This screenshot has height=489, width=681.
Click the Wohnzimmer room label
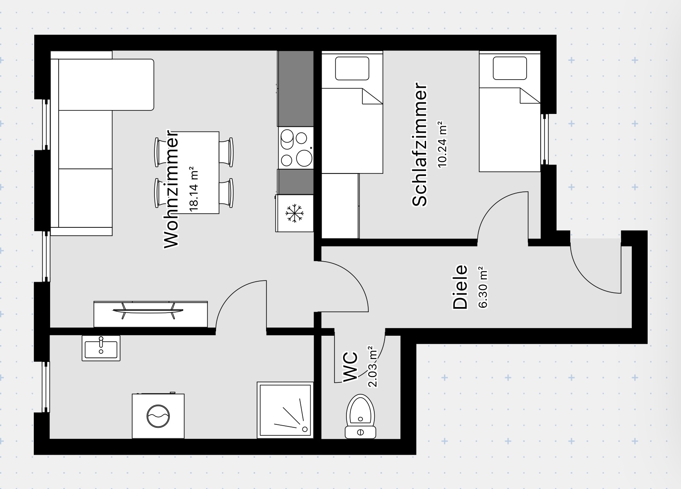tap(171, 188)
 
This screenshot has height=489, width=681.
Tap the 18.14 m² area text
tap(194, 189)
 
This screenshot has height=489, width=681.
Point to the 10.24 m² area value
tap(441, 144)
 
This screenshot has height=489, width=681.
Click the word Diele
tap(460, 287)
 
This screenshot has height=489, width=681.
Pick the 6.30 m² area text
tap(483, 288)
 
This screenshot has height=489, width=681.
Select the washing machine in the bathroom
tap(158, 416)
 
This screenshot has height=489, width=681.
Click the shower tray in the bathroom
tap(285, 410)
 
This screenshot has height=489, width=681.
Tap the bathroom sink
tap(101, 348)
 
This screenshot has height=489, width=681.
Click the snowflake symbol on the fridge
tap(294, 213)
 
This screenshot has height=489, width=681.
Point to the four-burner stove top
tap(295, 148)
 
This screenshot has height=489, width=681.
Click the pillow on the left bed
tap(352, 69)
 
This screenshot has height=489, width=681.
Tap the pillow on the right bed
tap(509, 69)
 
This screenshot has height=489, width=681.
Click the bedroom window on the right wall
tap(545, 139)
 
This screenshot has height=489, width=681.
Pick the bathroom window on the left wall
tap(45, 387)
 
